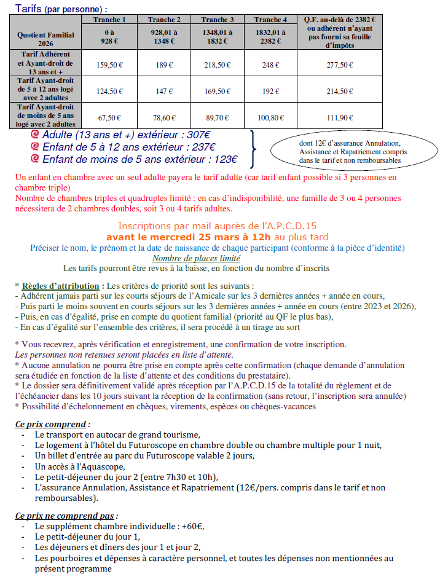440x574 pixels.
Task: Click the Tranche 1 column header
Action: coord(110,20)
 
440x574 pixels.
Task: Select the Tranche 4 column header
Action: coord(271,20)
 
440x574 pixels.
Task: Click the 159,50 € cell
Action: coord(110,64)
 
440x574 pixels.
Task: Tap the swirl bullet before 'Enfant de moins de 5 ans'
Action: coord(34,159)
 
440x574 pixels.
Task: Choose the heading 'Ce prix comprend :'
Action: coord(52,424)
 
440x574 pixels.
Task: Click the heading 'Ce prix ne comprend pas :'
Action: coord(66,515)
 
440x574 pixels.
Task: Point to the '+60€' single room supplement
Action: coord(194,526)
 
